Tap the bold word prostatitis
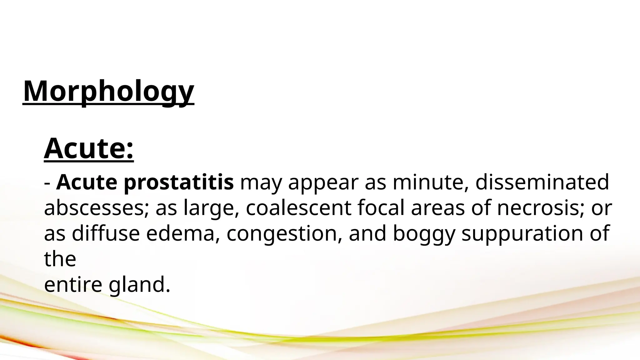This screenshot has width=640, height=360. click(x=178, y=182)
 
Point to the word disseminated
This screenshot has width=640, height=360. click(x=542, y=182)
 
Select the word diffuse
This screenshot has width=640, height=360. click(x=106, y=234)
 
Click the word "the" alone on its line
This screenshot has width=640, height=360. click(x=60, y=259)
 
